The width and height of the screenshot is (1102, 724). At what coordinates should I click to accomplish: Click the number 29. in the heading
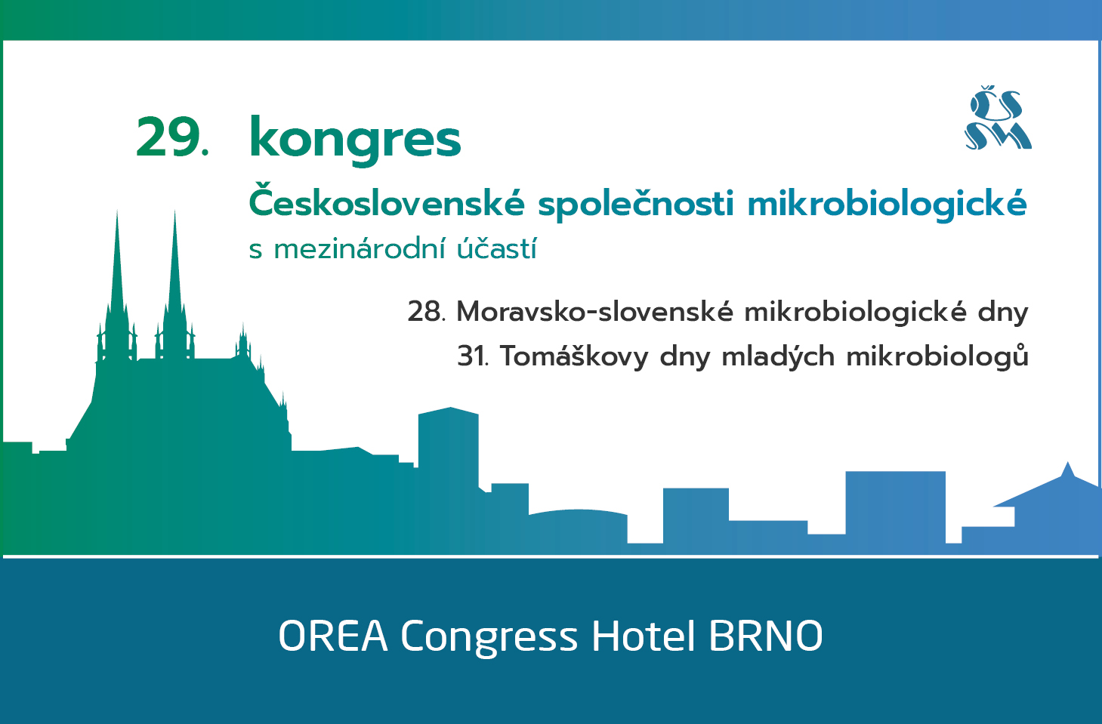pyautogui.click(x=172, y=137)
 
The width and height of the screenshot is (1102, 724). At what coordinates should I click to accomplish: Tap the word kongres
pyautogui.click(x=355, y=140)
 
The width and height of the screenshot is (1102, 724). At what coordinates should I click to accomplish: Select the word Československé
pyautogui.click(x=387, y=201)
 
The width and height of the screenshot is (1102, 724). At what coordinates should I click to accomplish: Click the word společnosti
pyautogui.click(x=636, y=203)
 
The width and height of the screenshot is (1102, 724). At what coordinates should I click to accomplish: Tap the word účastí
pyautogui.click(x=496, y=249)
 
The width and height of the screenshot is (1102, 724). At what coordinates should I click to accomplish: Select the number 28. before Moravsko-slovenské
pyautogui.click(x=427, y=311)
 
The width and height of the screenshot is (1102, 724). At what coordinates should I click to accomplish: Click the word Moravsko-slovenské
pyautogui.click(x=594, y=311)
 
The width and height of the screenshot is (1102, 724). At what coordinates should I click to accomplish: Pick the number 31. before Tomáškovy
pyautogui.click(x=473, y=356)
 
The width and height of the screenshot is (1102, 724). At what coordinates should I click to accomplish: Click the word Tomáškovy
pyautogui.click(x=574, y=356)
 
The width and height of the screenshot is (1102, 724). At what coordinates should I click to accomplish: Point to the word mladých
pyautogui.click(x=778, y=356)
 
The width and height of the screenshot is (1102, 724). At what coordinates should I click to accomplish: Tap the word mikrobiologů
pyautogui.click(x=937, y=356)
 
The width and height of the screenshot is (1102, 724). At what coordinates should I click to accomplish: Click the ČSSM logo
pyautogui.click(x=998, y=118)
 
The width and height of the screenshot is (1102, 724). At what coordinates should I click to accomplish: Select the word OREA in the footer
pyautogui.click(x=333, y=636)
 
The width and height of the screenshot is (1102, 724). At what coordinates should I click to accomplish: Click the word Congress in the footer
pyautogui.click(x=489, y=637)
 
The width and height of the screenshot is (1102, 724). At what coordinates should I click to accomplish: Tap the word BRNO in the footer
pyautogui.click(x=765, y=636)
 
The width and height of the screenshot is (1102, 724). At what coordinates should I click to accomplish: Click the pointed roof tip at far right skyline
pyautogui.click(x=1067, y=464)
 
